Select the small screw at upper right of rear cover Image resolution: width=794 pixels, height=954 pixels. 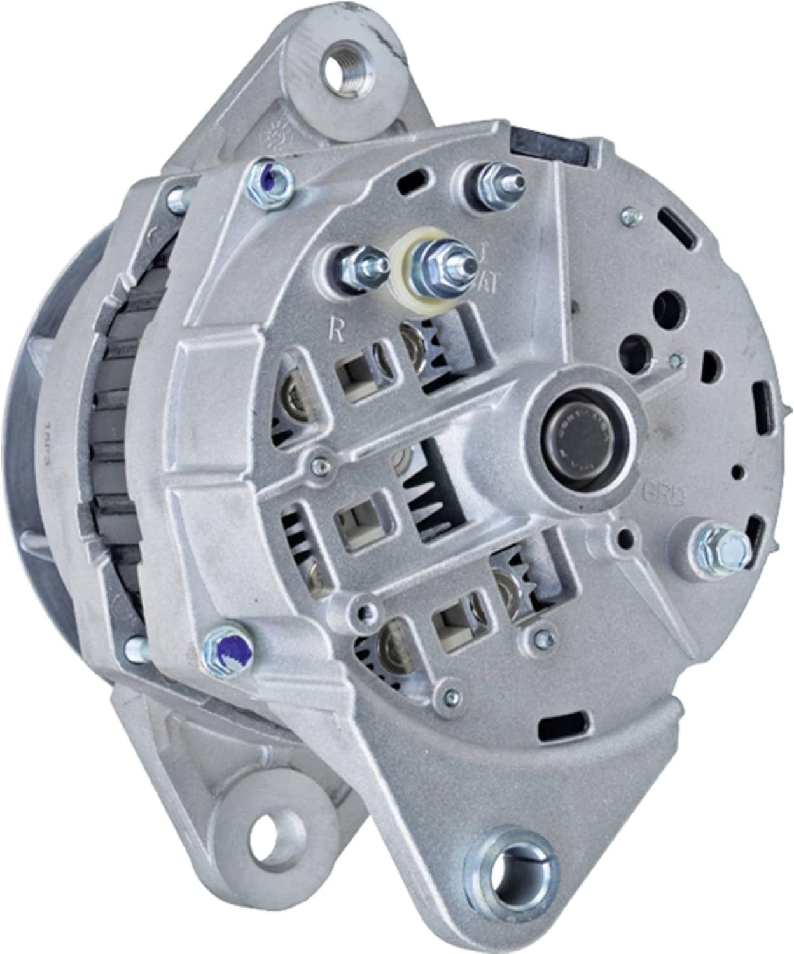pos(630,215)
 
